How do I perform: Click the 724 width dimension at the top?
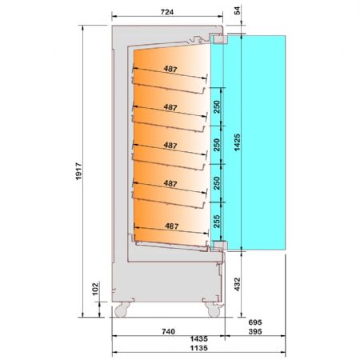(x=167, y=12)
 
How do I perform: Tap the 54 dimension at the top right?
(x=237, y=10)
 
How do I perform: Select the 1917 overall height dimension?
(x=78, y=171)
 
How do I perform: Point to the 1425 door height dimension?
(x=237, y=142)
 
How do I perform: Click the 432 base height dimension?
(x=237, y=284)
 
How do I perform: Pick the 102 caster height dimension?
(x=95, y=289)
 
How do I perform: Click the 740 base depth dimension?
(x=169, y=331)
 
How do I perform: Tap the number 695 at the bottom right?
(x=255, y=322)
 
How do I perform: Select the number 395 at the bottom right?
(x=255, y=331)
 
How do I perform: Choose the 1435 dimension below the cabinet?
(x=199, y=339)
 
